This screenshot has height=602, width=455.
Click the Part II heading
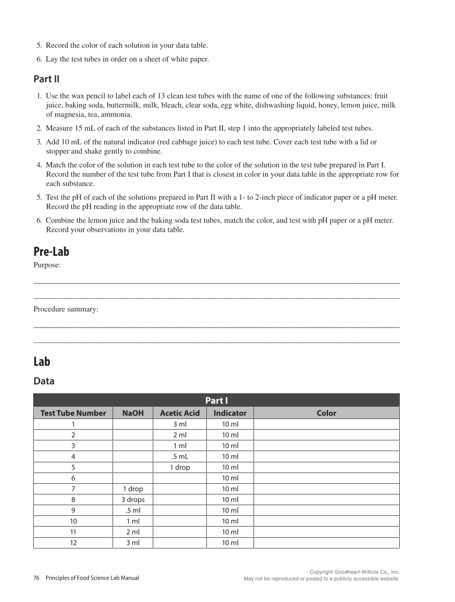click(46, 79)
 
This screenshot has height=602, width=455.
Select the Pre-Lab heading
click(51, 252)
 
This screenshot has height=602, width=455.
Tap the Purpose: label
click(47, 265)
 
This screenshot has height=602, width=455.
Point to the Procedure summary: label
click(66, 309)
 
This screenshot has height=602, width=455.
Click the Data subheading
click(44, 382)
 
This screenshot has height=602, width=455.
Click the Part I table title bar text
click(217, 400)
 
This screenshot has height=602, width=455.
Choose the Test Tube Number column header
click(73, 413)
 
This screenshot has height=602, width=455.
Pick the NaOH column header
click(133, 413)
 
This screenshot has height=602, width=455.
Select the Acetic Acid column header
click(180, 413)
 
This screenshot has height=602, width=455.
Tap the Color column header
click(326, 413)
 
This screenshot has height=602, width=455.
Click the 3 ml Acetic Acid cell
click(180, 424)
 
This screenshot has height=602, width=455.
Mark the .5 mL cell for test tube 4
click(180, 456)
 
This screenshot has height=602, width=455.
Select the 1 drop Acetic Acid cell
click(180, 467)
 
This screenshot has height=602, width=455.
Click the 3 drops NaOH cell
click(133, 499)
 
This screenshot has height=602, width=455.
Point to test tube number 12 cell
click(73, 543)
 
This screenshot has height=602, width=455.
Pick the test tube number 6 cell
click(73, 478)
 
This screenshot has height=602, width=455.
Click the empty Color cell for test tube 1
click(326, 424)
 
